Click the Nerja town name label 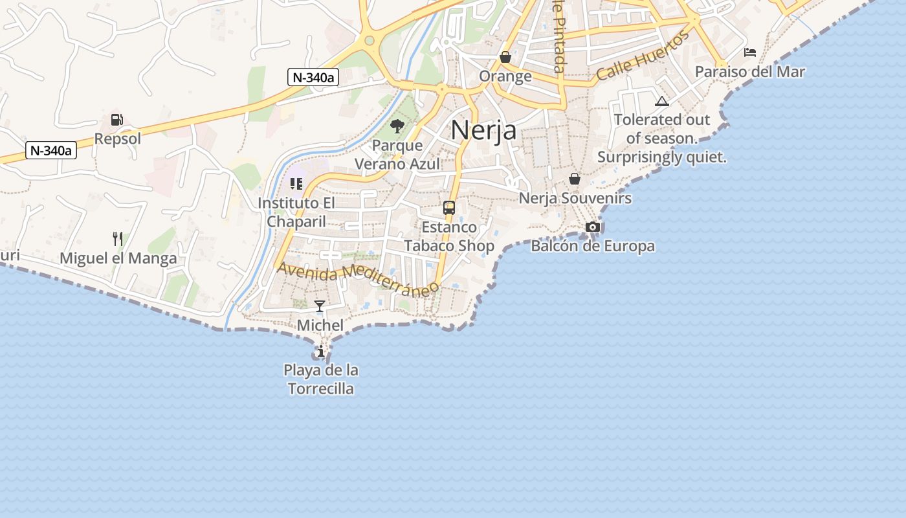pos(483,130)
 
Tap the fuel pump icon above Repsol pos(117,120)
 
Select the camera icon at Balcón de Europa pos(592,227)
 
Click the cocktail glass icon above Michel pos(320,306)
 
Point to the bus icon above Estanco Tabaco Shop pos(449,208)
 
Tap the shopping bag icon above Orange pos(505,57)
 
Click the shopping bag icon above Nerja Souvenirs pos(575,179)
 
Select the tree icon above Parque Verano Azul pos(397,126)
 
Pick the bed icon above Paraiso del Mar pos(750,52)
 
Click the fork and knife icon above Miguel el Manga pos(118,239)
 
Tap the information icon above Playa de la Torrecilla pos(321,351)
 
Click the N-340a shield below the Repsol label pos(52,151)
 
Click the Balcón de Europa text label pos(592,246)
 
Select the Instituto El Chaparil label pos(296,212)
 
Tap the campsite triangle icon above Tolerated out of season pos(661,101)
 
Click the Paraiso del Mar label pos(749,71)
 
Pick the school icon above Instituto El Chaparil pos(296,184)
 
